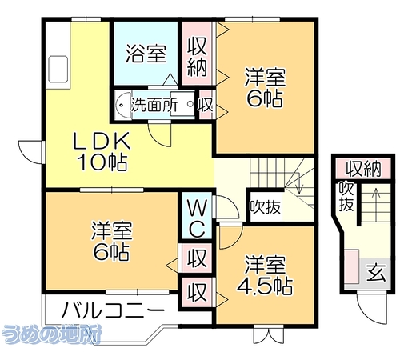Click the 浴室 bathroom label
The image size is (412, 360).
146,54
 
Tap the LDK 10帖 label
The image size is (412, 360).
102,150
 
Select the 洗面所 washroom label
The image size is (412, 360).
154,105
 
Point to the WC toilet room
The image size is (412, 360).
197,215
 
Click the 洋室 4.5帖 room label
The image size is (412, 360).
265,275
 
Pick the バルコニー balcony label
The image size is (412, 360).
112,310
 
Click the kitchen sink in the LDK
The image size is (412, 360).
58,69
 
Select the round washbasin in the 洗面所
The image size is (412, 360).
123,105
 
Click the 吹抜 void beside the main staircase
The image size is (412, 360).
266,206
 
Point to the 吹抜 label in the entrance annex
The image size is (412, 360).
346,197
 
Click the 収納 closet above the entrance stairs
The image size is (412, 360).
363,169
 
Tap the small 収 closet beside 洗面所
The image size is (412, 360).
205,105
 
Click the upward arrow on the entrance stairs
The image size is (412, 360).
376,205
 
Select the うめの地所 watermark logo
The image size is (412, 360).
50,334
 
